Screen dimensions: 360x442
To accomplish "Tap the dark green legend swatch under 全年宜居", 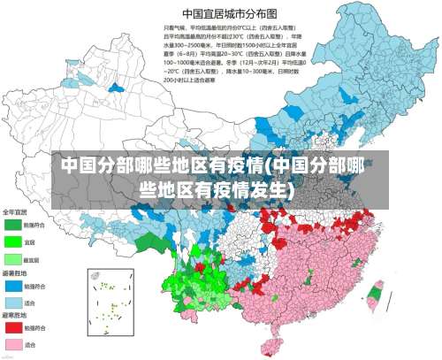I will pos(13,225).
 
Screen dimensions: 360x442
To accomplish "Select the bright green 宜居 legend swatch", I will pos(13,241).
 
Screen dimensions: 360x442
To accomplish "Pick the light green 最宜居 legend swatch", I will pos(13,259).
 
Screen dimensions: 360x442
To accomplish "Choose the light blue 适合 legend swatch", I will pos(13,303).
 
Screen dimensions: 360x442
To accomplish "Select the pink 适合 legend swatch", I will pos(13,343).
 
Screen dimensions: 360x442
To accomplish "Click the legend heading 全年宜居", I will pos(15,212).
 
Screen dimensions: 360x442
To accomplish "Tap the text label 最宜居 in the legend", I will pos(33,260).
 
